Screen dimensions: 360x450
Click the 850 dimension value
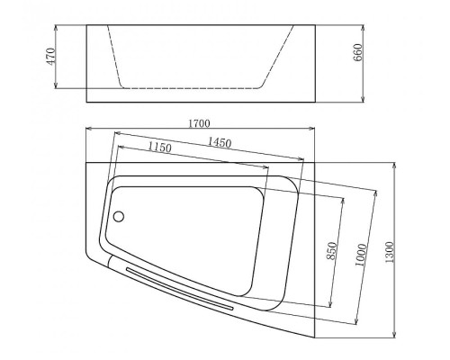(331, 251)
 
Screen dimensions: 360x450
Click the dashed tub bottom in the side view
(189, 89)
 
